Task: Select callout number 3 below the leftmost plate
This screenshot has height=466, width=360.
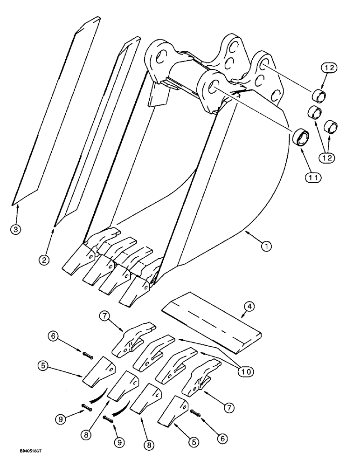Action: tap(16, 230)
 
